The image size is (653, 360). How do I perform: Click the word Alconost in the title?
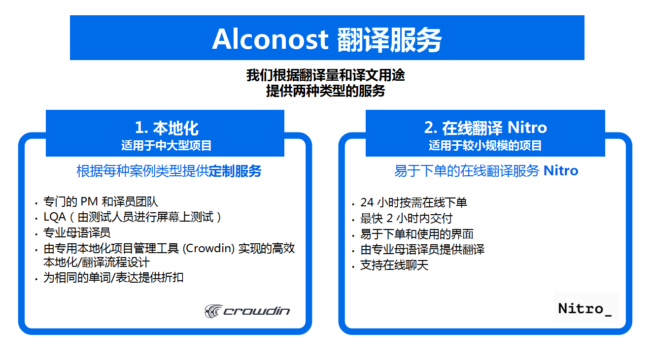tap(270, 39)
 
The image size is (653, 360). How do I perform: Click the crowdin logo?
tap(247, 311)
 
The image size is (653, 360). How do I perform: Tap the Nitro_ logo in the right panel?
tap(585, 309)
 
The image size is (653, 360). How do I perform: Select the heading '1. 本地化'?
tap(167, 128)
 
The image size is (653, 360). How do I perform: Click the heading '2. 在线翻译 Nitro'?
tap(485, 128)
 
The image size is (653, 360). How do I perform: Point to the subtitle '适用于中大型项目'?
tap(166, 145)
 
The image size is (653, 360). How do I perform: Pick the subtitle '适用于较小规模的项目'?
tap(485, 145)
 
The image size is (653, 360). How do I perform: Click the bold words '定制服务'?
tap(235, 171)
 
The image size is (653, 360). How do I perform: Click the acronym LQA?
tap(55, 217)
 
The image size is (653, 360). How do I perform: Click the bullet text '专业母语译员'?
tap(77, 233)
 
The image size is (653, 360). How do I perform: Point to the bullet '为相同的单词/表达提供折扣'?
tap(113, 278)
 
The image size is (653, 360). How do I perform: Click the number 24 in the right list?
tap(367, 202)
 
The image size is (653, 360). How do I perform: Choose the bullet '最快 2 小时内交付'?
tap(407, 218)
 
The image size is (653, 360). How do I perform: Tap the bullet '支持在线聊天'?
tap(394, 265)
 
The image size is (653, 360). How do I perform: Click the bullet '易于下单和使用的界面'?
tap(416, 234)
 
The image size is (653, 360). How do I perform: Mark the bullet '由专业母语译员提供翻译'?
tap(422, 250)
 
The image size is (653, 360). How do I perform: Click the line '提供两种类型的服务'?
tap(325, 91)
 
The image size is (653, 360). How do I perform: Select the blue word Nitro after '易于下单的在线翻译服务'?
tap(561, 171)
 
